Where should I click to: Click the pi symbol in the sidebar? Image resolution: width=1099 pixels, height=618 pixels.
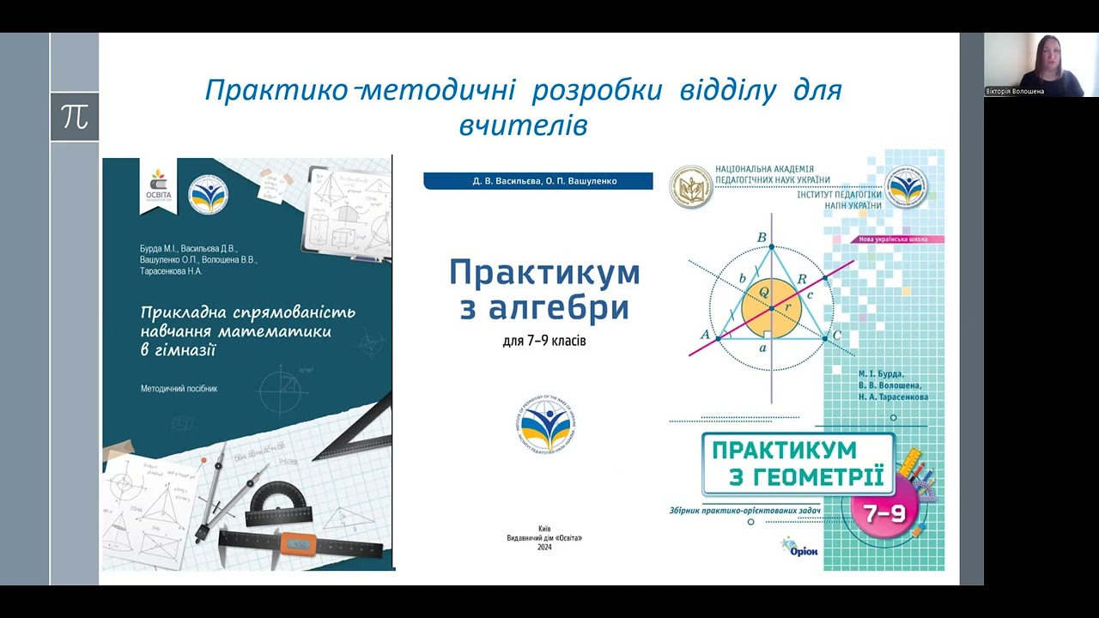tap(75, 117)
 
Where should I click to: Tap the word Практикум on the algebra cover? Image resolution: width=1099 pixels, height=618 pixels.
tap(544, 273)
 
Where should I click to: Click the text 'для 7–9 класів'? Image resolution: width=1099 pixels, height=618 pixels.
tap(544, 342)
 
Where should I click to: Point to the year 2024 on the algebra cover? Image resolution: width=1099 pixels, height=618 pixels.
tap(544, 548)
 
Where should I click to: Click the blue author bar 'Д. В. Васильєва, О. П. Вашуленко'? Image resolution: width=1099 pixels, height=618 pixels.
tap(538, 181)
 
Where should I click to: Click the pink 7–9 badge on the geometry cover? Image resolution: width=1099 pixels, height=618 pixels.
tap(884, 513)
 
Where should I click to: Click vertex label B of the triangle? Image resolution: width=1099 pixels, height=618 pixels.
tap(762, 238)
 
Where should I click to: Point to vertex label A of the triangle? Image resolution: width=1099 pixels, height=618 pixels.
tap(706, 335)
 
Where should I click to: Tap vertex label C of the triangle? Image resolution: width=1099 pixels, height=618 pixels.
tap(836, 335)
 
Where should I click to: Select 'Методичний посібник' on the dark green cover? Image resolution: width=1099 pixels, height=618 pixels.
tap(179, 389)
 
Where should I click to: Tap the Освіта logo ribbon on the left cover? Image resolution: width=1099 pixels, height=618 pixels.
tap(159, 186)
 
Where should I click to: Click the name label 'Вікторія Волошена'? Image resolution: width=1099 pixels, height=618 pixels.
tap(1015, 91)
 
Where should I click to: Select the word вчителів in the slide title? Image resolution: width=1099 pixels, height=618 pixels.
tap(523, 126)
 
